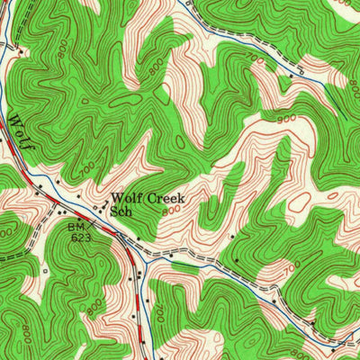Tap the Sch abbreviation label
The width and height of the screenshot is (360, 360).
[x=121, y=211]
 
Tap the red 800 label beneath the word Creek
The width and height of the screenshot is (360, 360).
[x=171, y=211]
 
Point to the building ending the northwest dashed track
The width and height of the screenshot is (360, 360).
[x=20, y=51]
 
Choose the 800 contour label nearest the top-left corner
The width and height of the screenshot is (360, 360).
[x=61, y=54]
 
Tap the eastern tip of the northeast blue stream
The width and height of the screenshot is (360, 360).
[x=324, y=79]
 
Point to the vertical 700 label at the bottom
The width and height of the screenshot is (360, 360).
[x=159, y=312]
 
